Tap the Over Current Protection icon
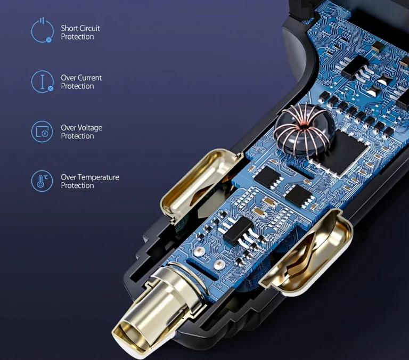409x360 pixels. pyautogui.click(x=42, y=81)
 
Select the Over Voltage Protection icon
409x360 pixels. pyautogui.click(x=42, y=131)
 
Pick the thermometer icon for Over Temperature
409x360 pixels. pyautogui.click(x=42, y=181)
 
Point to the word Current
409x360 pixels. pyautogui.click(x=89, y=78)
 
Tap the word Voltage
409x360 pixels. pyautogui.click(x=90, y=128)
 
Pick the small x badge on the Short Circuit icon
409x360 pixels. pyautogui.click(x=49, y=39)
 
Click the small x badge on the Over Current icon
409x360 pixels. pyautogui.click(x=51, y=88)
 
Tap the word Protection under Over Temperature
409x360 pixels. pyautogui.click(x=77, y=186)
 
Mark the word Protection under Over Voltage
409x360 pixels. pyautogui.click(x=77, y=136)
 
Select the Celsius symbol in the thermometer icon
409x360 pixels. pyautogui.click(x=46, y=177)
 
